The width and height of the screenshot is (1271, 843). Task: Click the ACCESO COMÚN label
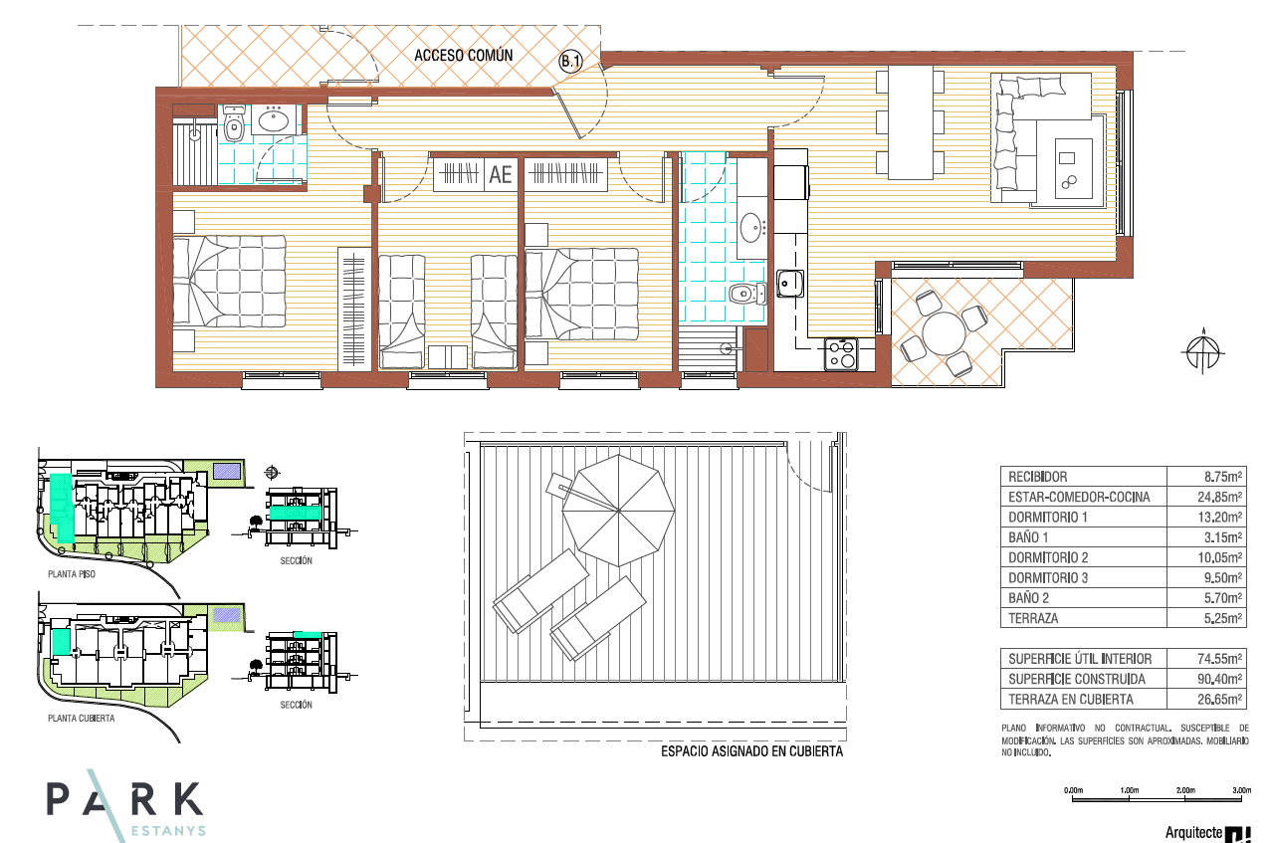click(x=463, y=56)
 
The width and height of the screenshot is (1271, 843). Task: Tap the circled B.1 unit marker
click(x=570, y=61)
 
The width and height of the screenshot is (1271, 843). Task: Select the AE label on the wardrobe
click(x=500, y=175)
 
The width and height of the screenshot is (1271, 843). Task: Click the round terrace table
click(x=943, y=334)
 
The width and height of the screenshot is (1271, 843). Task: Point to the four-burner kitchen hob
click(x=841, y=354)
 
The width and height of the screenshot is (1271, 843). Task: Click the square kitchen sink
click(x=790, y=283)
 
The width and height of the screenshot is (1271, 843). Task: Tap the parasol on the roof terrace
click(x=618, y=511)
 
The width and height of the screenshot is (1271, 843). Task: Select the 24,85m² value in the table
click(x=1219, y=497)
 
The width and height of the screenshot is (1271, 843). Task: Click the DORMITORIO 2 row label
click(x=1048, y=557)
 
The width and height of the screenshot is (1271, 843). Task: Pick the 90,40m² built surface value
click(x=1219, y=679)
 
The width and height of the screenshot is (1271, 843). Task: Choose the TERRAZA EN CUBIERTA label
click(x=1070, y=700)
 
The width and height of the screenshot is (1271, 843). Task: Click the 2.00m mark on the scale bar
click(x=1185, y=790)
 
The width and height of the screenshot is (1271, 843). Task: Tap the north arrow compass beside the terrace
click(x=1203, y=351)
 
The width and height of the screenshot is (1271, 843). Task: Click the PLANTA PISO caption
click(x=72, y=574)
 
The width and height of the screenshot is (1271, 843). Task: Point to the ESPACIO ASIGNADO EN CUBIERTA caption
click(x=751, y=751)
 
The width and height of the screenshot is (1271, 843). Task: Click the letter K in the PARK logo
click(x=187, y=799)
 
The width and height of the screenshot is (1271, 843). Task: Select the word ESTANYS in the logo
click(x=168, y=831)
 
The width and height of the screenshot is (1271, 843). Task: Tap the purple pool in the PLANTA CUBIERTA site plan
click(x=227, y=615)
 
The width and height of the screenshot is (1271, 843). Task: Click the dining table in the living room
click(x=910, y=122)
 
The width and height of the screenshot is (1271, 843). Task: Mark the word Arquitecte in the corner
click(x=1193, y=832)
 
